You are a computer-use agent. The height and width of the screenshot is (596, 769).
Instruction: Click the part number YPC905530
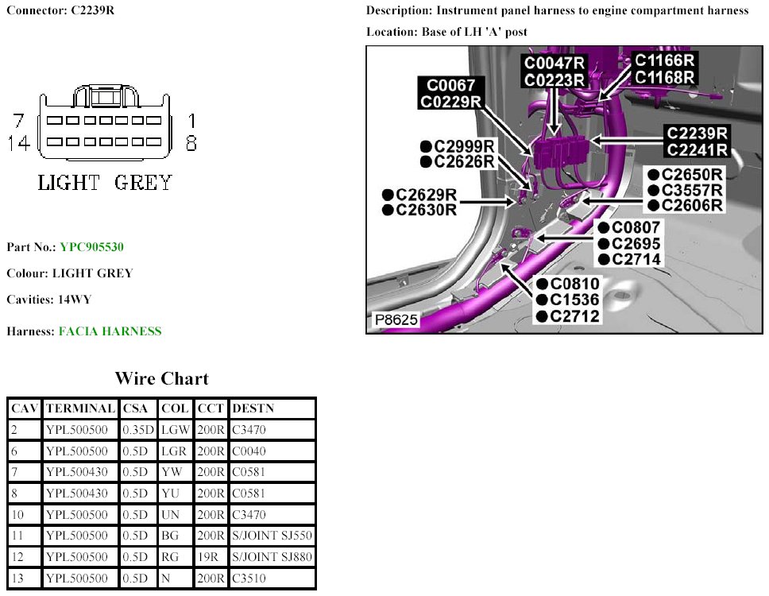(x=91, y=247)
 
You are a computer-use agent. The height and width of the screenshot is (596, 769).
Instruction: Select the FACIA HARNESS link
(x=110, y=331)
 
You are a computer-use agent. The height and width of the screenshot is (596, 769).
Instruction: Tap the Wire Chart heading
(x=161, y=378)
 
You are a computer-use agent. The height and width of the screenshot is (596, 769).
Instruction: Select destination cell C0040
(x=249, y=451)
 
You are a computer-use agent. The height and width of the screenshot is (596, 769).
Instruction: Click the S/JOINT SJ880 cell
(x=272, y=557)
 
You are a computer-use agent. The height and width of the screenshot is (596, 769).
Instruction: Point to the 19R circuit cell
(x=209, y=557)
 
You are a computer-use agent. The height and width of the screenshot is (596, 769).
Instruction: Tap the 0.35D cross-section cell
(x=138, y=430)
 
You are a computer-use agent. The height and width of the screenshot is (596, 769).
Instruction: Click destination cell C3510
(x=249, y=579)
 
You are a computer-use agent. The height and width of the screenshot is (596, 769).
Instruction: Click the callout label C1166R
(x=665, y=60)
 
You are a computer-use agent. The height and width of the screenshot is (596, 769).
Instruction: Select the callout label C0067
(x=451, y=85)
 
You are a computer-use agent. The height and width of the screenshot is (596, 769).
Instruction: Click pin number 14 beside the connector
(x=21, y=143)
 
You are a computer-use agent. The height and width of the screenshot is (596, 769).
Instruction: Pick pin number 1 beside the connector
(x=191, y=122)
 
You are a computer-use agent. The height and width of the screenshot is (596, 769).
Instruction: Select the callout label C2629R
(x=425, y=194)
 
